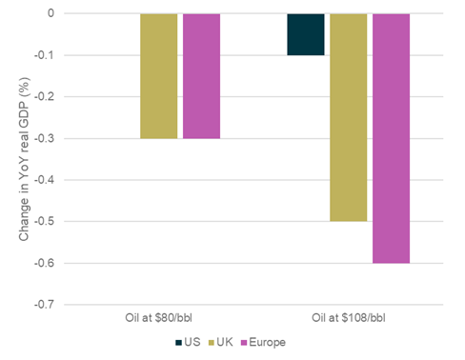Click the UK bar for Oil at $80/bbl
pyautogui.click(x=158, y=76)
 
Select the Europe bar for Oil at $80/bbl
pyautogui.click(x=201, y=76)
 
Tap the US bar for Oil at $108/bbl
pyautogui.click(x=305, y=34)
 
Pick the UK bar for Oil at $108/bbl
pyautogui.click(x=348, y=117)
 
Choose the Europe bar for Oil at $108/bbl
pyautogui.click(x=391, y=138)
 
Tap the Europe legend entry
pyautogui.click(x=266, y=342)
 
